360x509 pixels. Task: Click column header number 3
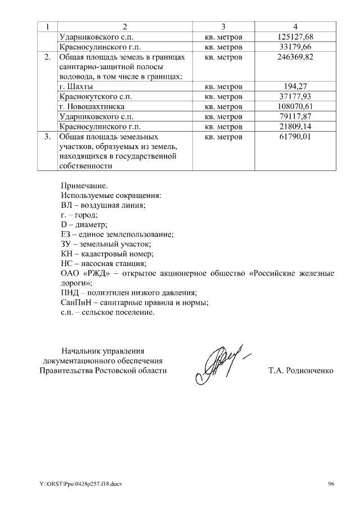[223, 27]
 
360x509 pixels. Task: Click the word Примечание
[83, 185]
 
